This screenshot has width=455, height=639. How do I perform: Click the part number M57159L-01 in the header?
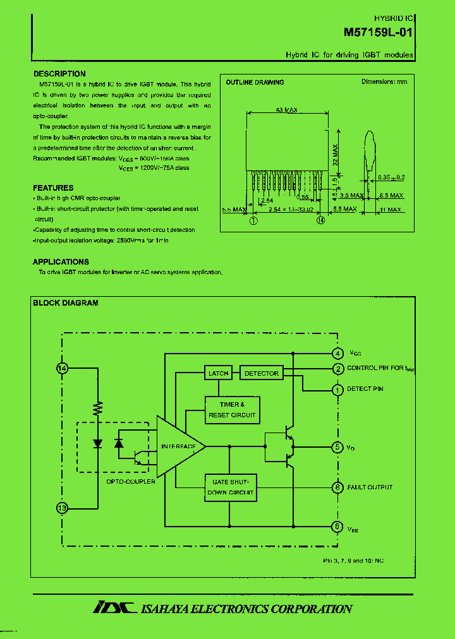pyautogui.click(x=379, y=32)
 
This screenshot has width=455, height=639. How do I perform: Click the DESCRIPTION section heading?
pyautogui.click(x=59, y=74)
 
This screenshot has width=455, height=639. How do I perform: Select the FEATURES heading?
pyautogui.click(x=53, y=188)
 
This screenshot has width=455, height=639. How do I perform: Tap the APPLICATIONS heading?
pyautogui.click(x=61, y=262)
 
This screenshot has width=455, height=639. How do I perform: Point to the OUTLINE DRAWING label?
pyautogui.click(x=255, y=82)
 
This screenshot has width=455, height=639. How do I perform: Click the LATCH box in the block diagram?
pyautogui.click(x=218, y=373)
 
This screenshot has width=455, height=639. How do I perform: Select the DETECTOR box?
pyautogui.click(x=261, y=373)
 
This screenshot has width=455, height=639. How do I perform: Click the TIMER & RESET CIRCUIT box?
pyautogui.click(x=232, y=410)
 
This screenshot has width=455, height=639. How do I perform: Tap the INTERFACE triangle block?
pyautogui.click(x=179, y=447)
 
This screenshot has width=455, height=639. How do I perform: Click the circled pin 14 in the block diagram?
pyautogui.click(x=62, y=368)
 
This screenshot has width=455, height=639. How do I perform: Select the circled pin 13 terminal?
pyautogui.click(x=62, y=507)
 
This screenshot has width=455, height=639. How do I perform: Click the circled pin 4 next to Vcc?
pyautogui.click(x=338, y=353)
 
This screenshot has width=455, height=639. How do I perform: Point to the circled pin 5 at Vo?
pyautogui.click(x=338, y=447)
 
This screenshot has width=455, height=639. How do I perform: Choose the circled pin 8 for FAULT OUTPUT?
pyautogui.click(x=338, y=487)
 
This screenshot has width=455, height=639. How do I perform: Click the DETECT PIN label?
pyautogui.click(x=365, y=389)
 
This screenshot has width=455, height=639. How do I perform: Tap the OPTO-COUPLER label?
pyautogui.click(x=131, y=481)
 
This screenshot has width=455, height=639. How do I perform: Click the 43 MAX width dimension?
pyautogui.click(x=287, y=110)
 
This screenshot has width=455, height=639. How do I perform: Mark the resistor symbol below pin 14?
pyautogui.click(x=97, y=409)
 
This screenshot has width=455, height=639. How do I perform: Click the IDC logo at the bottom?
pyautogui.click(x=114, y=608)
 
